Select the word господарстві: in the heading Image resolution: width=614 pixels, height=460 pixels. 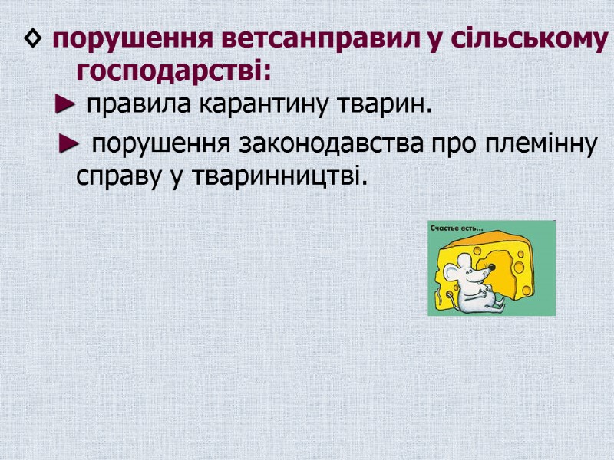pos(174,72)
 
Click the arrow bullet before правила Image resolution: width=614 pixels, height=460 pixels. pos(64,106)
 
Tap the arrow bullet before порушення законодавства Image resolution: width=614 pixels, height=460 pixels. pos(69,143)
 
